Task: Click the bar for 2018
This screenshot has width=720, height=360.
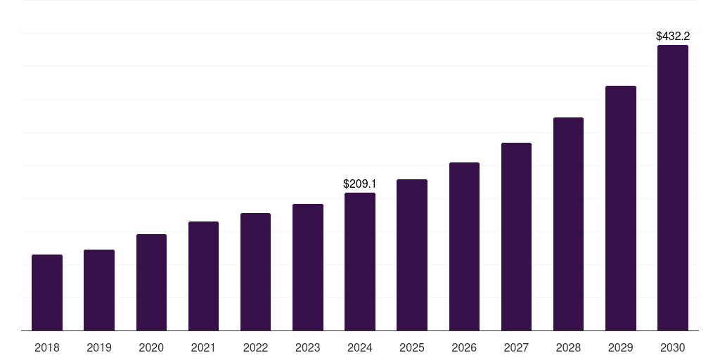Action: pyautogui.click(x=47, y=292)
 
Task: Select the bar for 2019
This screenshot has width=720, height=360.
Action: pyautogui.click(x=99, y=290)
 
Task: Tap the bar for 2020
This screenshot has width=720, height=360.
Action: pyautogui.click(x=152, y=283)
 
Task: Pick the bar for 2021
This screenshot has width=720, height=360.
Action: pyautogui.click(x=203, y=276)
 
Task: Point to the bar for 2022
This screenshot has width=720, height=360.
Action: pyautogui.click(x=255, y=272)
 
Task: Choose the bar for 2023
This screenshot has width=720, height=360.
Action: pyautogui.click(x=308, y=267)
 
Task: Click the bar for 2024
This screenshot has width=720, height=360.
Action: pyautogui.click(x=360, y=262)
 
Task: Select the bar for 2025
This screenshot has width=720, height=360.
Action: pyautogui.click(x=412, y=255)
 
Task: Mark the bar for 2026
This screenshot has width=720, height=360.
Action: pyautogui.click(x=464, y=247)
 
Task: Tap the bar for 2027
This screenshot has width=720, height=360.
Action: pyautogui.click(x=516, y=236)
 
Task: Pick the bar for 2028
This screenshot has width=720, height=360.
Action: pyautogui.click(x=568, y=224)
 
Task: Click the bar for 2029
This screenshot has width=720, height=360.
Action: pyautogui.click(x=621, y=208)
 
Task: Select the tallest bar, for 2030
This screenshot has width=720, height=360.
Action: pyautogui.click(x=673, y=188)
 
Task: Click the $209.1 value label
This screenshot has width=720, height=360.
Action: pyautogui.click(x=360, y=184)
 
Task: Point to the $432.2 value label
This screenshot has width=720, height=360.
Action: pyautogui.click(x=673, y=37)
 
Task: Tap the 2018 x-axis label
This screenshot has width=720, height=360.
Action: pyautogui.click(x=47, y=347)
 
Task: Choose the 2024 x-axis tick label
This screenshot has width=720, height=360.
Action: pyautogui.click(x=360, y=347)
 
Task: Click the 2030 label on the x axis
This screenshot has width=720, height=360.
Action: pyautogui.click(x=673, y=347)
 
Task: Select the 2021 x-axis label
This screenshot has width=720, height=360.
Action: pyautogui.click(x=203, y=347)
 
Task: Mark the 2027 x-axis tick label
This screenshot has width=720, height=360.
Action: pyautogui.click(x=516, y=347)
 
